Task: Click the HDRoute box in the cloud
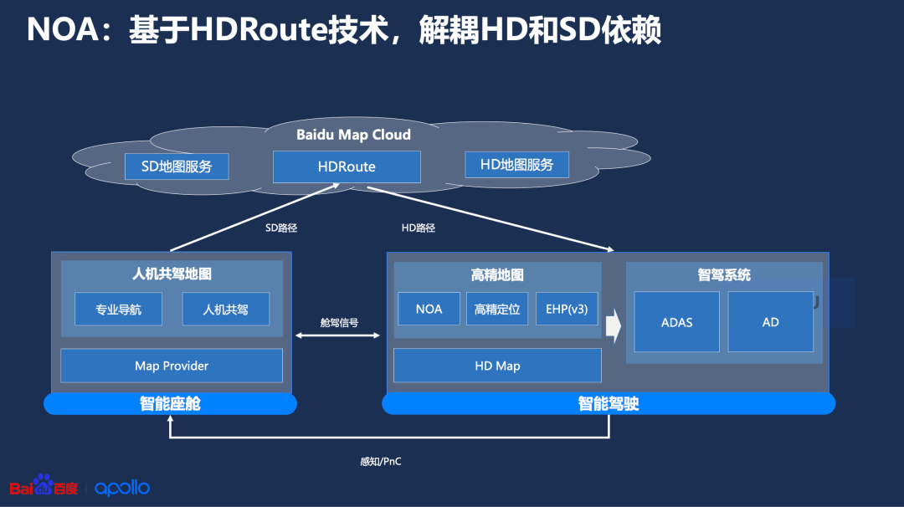point(347,166)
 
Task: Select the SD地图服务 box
point(177,166)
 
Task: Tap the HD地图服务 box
point(516,165)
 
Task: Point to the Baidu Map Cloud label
point(353,135)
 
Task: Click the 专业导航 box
point(118,310)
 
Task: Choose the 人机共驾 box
point(225,310)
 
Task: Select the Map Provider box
point(172,366)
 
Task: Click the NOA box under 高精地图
point(429,309)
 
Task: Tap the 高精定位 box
point(497,309)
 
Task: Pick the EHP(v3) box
point(567,309)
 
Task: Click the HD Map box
point(497,366)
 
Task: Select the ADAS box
point(677,322)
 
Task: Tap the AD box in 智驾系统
point(771,322)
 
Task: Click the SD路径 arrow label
point(281,228)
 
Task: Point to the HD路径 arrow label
point(418,228)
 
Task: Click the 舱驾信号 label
point(339,323)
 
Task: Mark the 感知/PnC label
point(381,462)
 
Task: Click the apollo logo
point(122,488)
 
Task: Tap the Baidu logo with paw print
point(44,485)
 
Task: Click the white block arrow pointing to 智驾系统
point(614,325)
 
